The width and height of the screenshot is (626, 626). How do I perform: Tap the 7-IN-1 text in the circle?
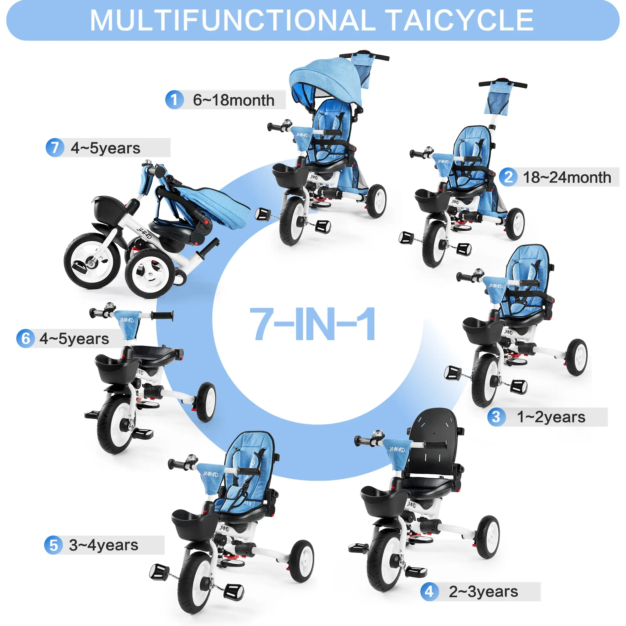[x=313, y=324]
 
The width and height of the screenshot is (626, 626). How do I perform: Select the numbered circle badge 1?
[x=175, y=100]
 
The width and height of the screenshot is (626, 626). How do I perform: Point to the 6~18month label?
[x=233, y=100]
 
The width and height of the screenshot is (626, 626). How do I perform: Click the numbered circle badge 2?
[x=508, y=177]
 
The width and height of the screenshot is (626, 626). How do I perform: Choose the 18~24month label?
[x=567, y=177]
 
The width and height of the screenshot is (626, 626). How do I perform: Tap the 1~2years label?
[x=551, y=417]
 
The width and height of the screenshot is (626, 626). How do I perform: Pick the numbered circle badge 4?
[x=429, y=592]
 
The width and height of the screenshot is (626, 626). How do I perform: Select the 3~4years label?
[x=103, y=545]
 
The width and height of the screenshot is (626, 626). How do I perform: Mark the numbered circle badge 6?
[x=26, y=339]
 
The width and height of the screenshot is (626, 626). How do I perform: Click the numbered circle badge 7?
[x=55, y=148]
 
